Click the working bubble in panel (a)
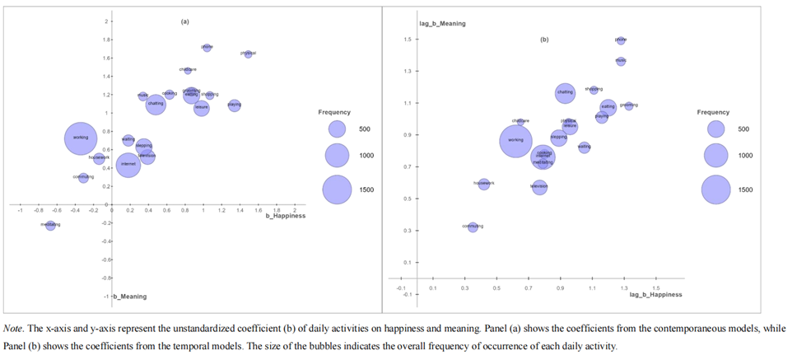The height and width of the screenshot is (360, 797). pyautogui.click(x=81, y=138)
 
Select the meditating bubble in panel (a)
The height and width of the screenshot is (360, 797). pyautogui.click(x=50, y=225)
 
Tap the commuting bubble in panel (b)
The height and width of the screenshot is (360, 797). pyautogui.click(x=473, y=227)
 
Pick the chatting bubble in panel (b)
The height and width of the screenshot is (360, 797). pyautogui.click(x=565, y=93)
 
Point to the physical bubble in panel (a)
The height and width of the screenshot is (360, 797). pyautogui.click(x=248, y=54)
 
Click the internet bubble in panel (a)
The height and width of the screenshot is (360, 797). pyautogui.click(x=128, y=165)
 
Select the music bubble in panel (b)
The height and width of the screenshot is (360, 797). pyautogui.click(x=621, y=61)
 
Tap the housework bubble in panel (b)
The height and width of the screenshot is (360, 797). pyautogui.click(x=484, y=184)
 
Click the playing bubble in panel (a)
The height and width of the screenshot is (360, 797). pyautogui.click(x=235, y=105)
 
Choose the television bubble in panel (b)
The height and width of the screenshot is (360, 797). pyautogui.click(x=539, y=187)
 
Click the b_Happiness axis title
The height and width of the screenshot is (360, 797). pyautogui.click(x=285, y=216)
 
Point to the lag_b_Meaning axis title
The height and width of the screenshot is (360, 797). pyautogui.click(x=442, y=24)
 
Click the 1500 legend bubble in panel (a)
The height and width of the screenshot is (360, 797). pyautogui.click(x=337, y=189)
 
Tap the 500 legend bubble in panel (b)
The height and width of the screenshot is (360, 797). pyautogui.click(x=715, y=129)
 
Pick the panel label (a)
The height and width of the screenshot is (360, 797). pyautogui.click(x=184, y=20)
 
